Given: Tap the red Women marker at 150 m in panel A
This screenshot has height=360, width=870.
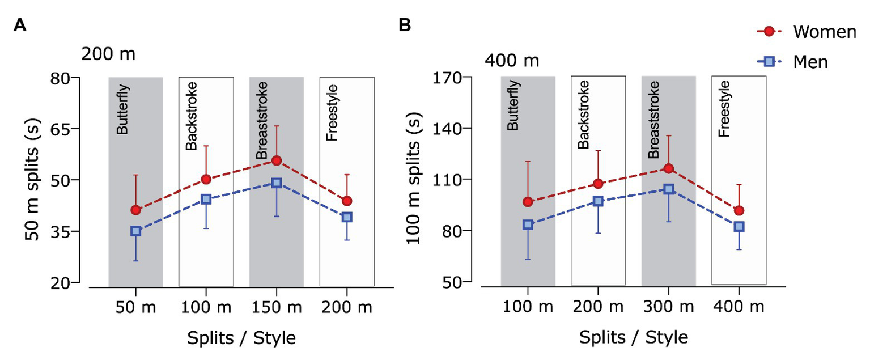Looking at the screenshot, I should coord(276,160).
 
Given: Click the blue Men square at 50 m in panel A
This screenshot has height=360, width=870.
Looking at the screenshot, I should coord(135,231).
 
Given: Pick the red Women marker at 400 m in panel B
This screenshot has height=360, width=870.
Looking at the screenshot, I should coord(739,210).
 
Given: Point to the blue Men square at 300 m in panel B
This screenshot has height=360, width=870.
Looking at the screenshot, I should coord(668,189).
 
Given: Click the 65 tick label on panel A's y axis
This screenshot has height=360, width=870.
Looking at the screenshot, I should coord(64,129).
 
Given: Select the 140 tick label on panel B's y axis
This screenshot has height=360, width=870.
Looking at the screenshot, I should coord(448,128).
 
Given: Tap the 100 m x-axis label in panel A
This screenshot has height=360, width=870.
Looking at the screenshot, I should coord(205,307).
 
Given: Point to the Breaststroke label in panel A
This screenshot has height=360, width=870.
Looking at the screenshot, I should coord(261,121).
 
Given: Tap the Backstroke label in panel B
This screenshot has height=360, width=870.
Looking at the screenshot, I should coord(584,115).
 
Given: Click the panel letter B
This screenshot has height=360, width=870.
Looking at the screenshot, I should coord(405,26).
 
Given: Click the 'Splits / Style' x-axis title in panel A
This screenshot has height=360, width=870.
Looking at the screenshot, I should coord(241,338).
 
